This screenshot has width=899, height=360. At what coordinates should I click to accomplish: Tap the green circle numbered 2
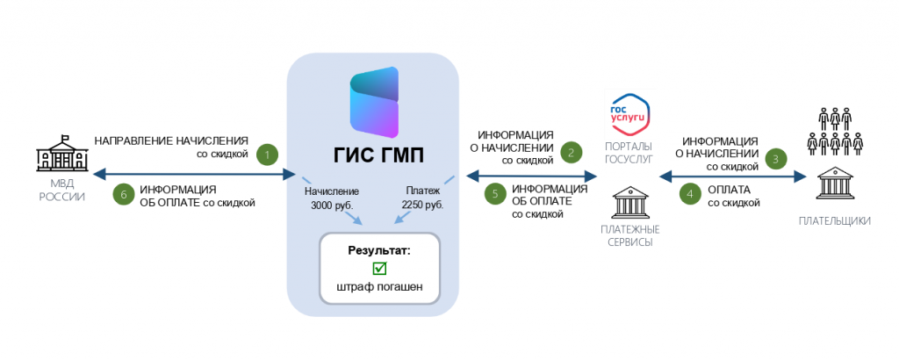tap(572, 153)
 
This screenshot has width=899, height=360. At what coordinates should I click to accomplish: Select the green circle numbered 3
tap(775, 159)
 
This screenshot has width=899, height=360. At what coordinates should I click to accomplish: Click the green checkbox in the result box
tap(379, 269)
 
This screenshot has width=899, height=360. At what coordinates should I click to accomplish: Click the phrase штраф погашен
tap(379, 287)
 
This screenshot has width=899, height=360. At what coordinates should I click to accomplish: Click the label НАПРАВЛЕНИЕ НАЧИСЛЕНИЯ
tap(171, 140)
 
